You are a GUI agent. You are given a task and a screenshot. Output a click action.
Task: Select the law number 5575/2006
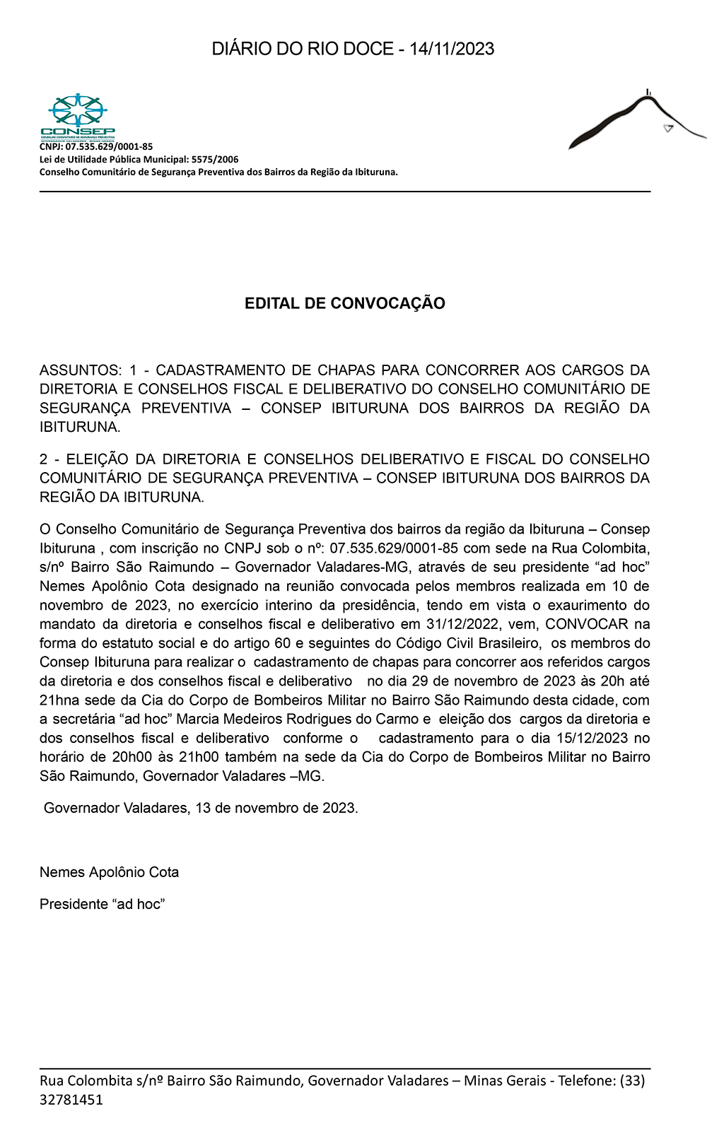[x=215, y=160]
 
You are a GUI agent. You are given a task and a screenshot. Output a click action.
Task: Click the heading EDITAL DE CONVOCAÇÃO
[x=345, y=303]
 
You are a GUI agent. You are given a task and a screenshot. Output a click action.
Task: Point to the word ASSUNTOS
[x=80, y=370]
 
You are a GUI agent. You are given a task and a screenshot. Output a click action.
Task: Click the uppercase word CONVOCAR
[x=586, y=624]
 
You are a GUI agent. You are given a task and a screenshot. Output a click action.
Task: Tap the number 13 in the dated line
[x=203, y=808]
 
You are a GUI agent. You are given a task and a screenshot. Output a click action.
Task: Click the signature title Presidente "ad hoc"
[x=102, y=904]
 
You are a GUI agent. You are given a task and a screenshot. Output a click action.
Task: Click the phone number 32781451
[x=71, y=1100]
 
